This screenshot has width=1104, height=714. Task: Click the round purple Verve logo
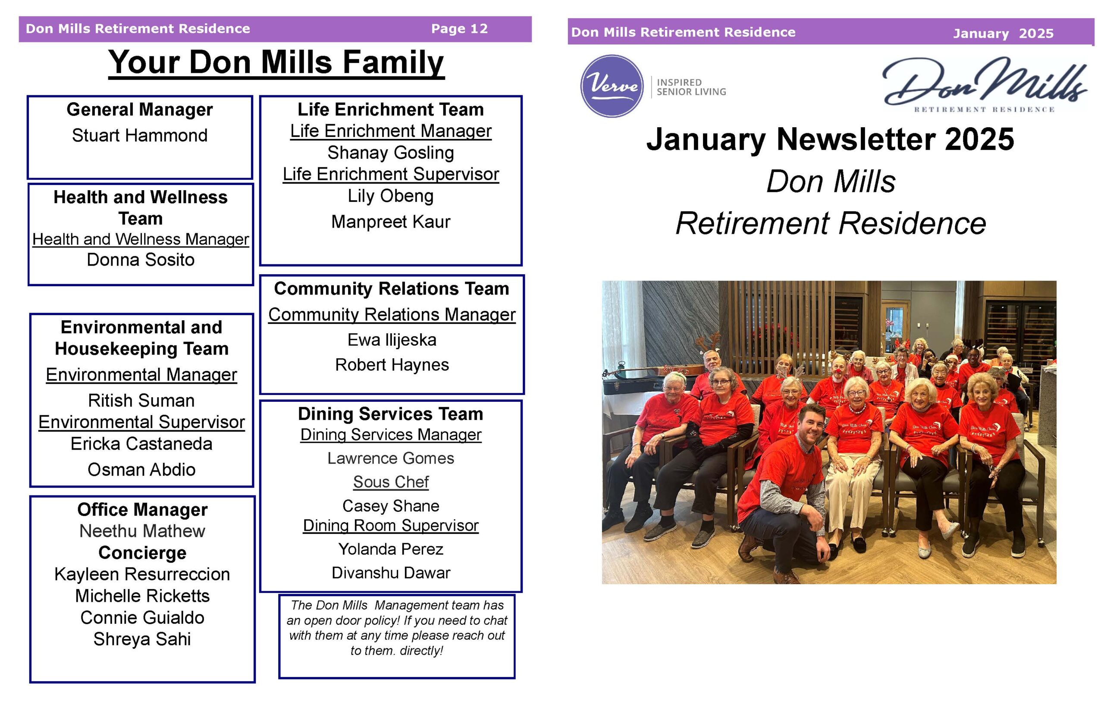(x=612, y=86)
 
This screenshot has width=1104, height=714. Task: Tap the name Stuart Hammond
(x=140, y=135)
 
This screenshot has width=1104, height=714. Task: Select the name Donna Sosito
(x=141, y=260)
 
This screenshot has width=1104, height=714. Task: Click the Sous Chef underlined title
(x=391, y=482)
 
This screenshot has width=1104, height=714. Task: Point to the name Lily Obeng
(x=390, y=196)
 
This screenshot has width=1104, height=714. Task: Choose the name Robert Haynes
(x=392, y=365)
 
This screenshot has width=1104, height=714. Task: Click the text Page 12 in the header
(x=459, y=29)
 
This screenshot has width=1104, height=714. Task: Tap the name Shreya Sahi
(x=142, y=639)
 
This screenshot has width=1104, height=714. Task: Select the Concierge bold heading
(x=142, y=553)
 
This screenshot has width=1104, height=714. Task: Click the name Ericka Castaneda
(x=141, y=444)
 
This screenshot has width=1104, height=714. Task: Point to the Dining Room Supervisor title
(x=390, y=525)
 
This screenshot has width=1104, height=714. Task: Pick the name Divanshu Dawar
(x=391, y=573)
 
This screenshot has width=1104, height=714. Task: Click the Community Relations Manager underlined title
(x=392, y=315)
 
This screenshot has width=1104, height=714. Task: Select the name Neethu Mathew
(x=142, y=531)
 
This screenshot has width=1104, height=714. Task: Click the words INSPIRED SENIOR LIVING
(x=691, y=87)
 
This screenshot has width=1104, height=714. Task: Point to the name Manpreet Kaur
(x=390, y=222)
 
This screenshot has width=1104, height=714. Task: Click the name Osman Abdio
(x=141, y=470)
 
